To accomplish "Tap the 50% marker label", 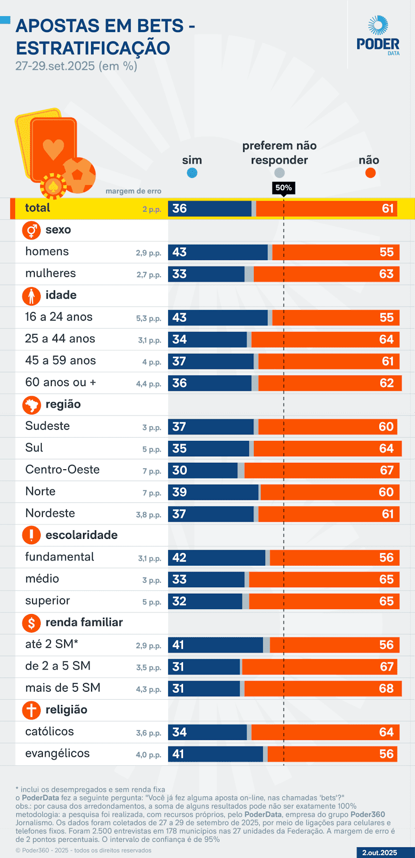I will click(x=283, y=188).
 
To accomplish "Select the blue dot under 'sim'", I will click(x=192, y=173).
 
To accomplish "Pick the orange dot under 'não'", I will click(x=370, y=173).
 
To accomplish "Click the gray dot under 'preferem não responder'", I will click(x=279, y=173).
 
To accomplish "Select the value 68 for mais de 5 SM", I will click(x=386, y=689).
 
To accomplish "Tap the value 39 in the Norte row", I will click(x=179, y=492).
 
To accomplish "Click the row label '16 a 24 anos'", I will click(x=59, y=317).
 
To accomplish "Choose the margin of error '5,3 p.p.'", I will click(x=148, y=319).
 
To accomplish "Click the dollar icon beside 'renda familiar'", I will click(x=32, y=623).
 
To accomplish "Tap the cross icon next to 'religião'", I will click(x=32, y=711).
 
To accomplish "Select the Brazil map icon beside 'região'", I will click(x=32, y=405).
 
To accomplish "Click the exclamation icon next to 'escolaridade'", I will click(x=32, y=535).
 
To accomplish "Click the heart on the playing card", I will click(x=54, y=149).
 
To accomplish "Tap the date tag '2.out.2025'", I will click(x=380, y=853).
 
